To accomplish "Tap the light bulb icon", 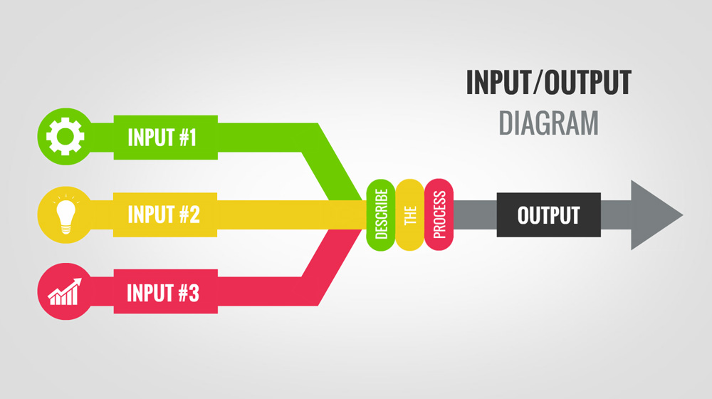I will point(65,214).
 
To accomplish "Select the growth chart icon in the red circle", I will point(65,292).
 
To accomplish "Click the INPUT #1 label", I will point(162,137).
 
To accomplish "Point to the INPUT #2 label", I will point(163,214).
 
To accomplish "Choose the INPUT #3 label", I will point(162,293).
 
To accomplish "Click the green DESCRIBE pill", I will point(381,214).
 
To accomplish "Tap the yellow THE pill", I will point(410,214).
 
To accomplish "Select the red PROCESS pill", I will point(439,214).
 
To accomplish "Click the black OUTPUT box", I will point(548,214).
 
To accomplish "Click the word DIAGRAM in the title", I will point(548,123).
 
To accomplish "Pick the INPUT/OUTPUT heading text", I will point(548,83).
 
